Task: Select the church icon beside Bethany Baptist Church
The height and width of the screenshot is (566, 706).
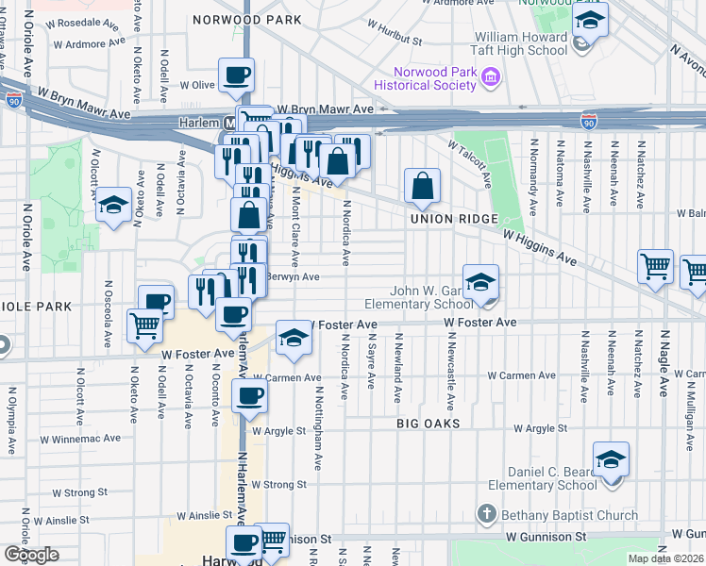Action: [486, 514]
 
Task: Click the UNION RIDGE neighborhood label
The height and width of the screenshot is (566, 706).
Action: [446, 219]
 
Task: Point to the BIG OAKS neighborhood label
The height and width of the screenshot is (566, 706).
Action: [429, 424]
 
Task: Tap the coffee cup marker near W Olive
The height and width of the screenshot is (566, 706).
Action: [236, 75]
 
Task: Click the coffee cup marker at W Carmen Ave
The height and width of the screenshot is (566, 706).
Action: [249, 395]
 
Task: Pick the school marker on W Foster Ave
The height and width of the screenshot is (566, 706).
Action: [294, 338]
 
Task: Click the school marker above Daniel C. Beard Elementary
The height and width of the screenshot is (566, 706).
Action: [611, 459]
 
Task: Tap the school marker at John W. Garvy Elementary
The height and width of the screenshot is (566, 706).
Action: [479, 282]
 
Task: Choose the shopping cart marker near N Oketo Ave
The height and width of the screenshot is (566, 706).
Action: [144, 326]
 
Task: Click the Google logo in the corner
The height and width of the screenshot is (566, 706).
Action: [31, 555]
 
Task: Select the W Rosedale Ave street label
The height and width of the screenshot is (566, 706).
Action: [90, 21]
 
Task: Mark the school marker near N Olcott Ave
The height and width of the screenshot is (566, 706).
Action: [112, 204]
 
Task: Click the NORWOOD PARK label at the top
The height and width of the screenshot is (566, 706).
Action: [246, 19]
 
